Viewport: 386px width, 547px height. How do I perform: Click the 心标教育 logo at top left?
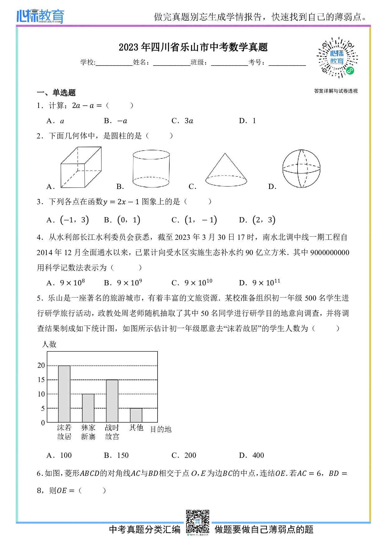40,16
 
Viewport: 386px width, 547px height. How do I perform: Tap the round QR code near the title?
337,58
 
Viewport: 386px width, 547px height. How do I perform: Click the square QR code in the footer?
198,521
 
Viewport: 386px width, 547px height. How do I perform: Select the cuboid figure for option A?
81,167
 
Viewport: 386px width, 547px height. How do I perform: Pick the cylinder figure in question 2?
151,169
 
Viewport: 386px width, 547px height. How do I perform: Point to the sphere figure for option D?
301,169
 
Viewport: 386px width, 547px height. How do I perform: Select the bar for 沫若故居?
64,394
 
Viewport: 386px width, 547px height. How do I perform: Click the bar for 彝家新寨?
88,408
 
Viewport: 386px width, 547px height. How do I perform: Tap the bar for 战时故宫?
112,401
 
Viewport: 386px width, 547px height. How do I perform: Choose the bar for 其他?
136,415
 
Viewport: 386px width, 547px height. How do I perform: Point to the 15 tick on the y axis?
41,380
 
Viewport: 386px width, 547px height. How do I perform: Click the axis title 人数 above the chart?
49,344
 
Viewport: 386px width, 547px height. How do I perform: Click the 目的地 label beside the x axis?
161,429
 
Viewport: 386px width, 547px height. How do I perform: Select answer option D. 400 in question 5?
252,455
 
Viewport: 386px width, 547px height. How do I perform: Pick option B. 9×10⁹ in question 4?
123,283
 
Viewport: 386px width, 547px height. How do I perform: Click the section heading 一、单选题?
56,93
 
